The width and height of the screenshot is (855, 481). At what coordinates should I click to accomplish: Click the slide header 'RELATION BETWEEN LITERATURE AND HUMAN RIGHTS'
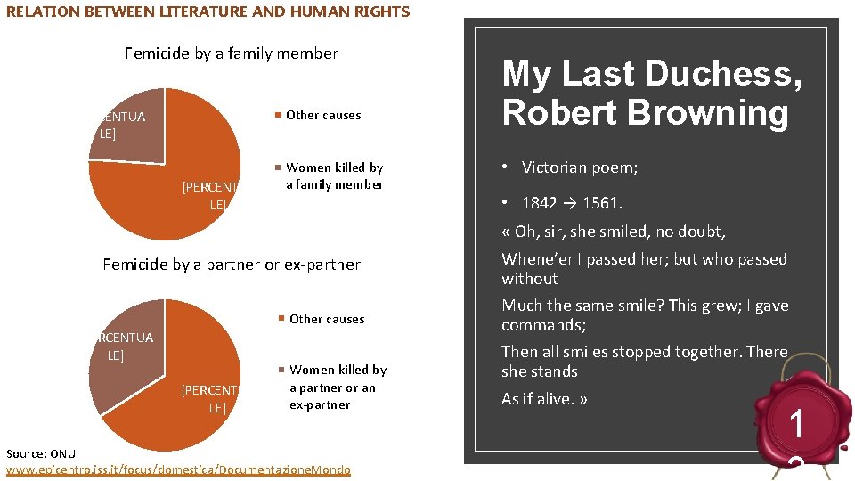point(208,12)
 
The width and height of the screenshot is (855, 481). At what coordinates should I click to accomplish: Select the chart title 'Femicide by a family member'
point(232,53)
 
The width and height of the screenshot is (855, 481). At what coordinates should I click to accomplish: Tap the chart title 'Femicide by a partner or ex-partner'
point(232,265)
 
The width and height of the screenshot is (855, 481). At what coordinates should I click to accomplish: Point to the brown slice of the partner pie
point(129,352)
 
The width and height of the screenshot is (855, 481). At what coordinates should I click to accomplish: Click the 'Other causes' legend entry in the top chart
point(322,115)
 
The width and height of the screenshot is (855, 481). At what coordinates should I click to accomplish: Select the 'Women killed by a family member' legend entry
point(333,176)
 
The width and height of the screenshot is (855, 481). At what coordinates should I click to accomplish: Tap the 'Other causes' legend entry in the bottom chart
point(326,319)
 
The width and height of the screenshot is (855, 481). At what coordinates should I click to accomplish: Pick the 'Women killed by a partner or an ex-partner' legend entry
point(337,387)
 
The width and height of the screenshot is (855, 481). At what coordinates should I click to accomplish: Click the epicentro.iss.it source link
point(178,469)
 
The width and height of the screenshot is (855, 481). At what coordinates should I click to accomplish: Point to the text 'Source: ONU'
point(41,454)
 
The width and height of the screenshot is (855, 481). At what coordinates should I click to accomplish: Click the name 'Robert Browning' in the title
point(645,113)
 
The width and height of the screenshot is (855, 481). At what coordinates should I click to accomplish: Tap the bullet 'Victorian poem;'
point(579,167)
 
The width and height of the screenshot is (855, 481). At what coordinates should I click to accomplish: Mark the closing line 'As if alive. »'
point(544,399)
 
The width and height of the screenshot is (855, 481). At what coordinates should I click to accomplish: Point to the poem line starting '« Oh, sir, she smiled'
point(614,232)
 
